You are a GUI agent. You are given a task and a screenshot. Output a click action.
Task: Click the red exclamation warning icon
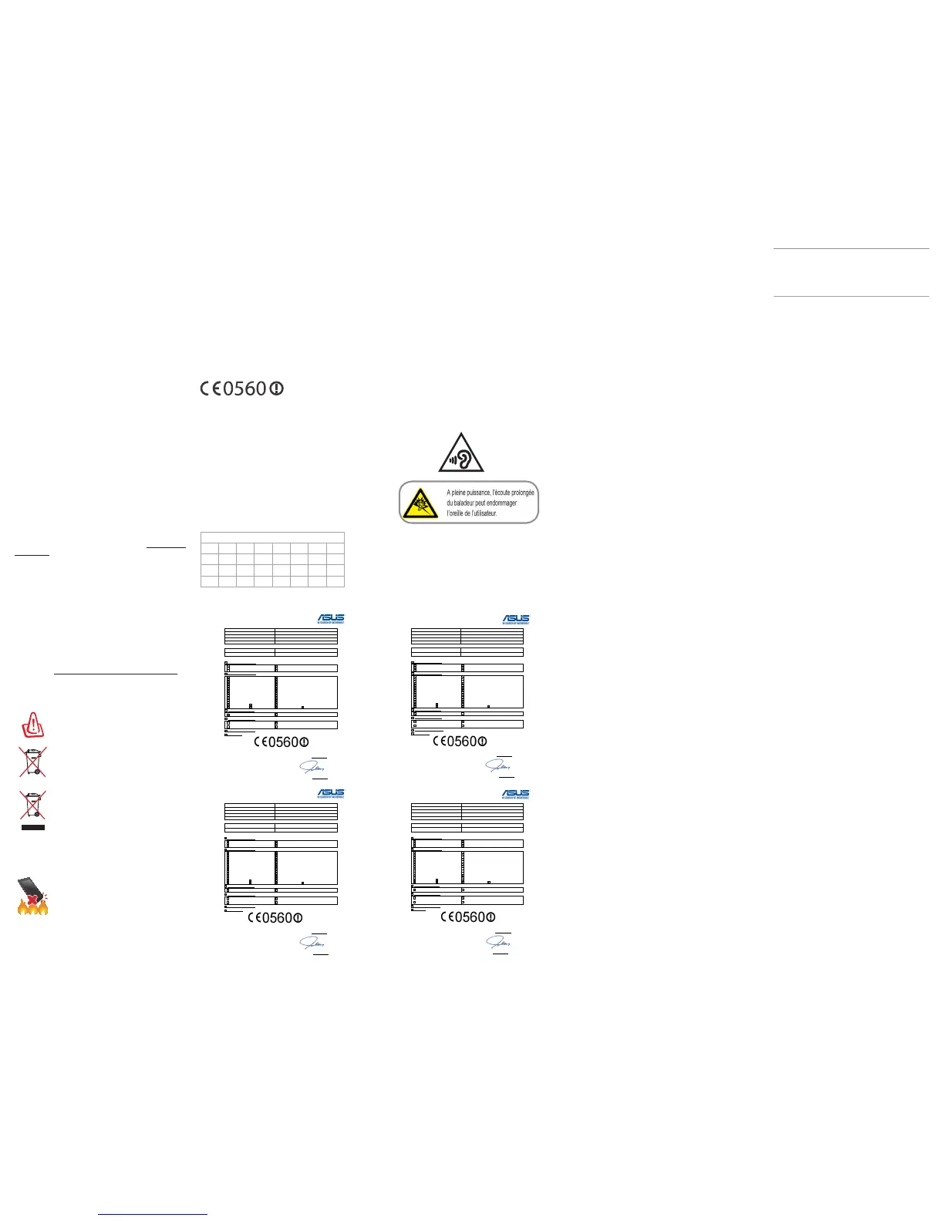[x=32, y=725]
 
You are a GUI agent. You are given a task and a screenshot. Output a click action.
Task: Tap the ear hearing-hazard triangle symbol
[x=461, y=454]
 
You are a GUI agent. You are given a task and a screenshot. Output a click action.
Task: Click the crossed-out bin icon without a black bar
[x=32, y=762]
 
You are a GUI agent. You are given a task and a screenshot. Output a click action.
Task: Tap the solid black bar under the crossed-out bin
[x=32, y=827]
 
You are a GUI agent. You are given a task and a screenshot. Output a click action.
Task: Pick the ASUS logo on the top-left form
[x=331, y=618]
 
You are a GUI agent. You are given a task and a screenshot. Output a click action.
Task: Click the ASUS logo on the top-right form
[x=516, y=618]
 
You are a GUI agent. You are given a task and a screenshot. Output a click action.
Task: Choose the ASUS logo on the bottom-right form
[x=516, y=793]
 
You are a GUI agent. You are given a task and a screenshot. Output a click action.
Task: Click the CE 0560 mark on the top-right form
[x=460, y=742]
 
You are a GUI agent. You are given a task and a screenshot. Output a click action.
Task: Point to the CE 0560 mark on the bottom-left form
[x=275, y=917]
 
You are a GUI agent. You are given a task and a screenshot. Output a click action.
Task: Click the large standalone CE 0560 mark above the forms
[x=241, y=388]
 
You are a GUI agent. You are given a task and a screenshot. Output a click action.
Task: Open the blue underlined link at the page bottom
[x=153, y=1214]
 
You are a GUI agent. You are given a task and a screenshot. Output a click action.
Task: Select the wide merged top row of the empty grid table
[x=272, y=537]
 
